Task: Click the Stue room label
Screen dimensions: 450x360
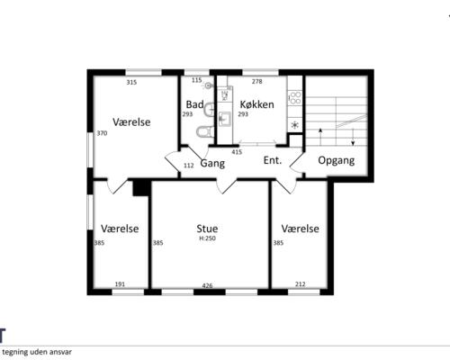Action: pyautogui.click(x=207, y=229)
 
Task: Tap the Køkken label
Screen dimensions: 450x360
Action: pyautogui.click(x=256, y=104)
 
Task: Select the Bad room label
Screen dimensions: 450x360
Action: pyautogui.click(x=194, y=104)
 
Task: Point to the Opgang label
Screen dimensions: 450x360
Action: pyautogui.click(x=336, y=160)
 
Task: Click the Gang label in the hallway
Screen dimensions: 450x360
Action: pyautogui.click(x=212, y=164)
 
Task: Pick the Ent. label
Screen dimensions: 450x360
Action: pyautogui.click(x=273, y=160)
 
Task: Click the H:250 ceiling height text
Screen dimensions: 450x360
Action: pyautogui.click(x=207, y=238)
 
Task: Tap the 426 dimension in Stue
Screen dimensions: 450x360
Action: pyautogui.click(x=207, y=285)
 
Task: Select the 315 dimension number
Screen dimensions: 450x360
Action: pyautogui.click(x=131, y=82)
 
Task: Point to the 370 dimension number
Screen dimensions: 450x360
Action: pyautogui.click(x=102, y=133)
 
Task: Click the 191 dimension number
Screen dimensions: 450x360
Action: pyautogui.click(x=120, y=284)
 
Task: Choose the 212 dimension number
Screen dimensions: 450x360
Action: pyautogui.click(x=300, y=284)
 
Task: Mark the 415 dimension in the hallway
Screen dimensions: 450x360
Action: pyautogui.click(x=237, y=152)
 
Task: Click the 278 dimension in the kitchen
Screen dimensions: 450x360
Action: pyautogui.click(x=257, y=81)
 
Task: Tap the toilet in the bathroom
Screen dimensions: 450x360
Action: pyautogui.click(x=205, y=131)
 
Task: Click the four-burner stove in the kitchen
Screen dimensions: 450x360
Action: pyautogui.click(x=294, y=97)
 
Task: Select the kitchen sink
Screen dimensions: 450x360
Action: pyautogui.click(x=225, y=119)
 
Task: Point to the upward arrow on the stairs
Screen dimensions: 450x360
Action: pyautogui.click(x=320, y=137)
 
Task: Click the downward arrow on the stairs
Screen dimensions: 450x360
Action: pyautogui.click(x=353, y=137)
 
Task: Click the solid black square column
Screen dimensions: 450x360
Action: pyautogui.click(x=141, y=188)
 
